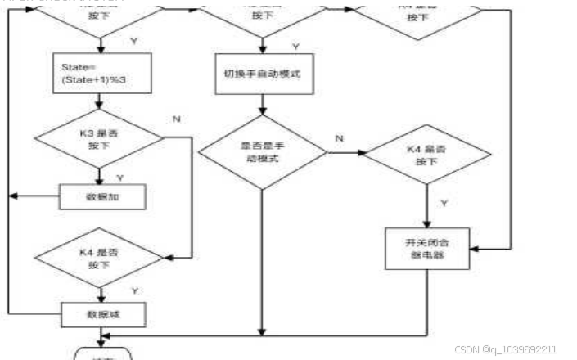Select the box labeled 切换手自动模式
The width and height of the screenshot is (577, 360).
[x=261, y=74]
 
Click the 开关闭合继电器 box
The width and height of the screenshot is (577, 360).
[x=426, y=247]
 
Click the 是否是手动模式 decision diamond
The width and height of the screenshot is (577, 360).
[x=261, y=152]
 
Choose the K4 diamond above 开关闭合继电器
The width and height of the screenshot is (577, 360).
[x=426, y=153]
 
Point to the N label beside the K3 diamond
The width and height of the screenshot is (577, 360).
[x=176, y=119]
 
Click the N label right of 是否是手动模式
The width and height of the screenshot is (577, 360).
[x=338, y=139]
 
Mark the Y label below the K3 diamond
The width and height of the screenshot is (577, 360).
[x=119, y=177]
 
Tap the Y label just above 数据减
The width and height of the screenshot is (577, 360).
[x=133, y=290]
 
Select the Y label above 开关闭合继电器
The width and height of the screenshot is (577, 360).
[x=444, y=202]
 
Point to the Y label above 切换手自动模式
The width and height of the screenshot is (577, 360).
[x=295, y=47]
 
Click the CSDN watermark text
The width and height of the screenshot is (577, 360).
[x=505, y=349]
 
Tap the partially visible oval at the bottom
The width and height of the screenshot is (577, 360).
[x=101, y=355]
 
